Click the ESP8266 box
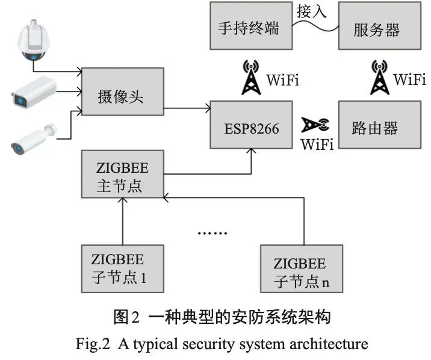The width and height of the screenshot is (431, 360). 251,125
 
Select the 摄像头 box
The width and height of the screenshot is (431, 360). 123,92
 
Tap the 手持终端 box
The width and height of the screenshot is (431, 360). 251,26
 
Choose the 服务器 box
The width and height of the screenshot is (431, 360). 380,26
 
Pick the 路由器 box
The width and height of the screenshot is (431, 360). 380,125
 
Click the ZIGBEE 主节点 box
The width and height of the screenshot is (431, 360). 123,174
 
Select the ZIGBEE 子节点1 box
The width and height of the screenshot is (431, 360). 123,268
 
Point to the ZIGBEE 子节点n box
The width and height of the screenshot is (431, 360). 302,268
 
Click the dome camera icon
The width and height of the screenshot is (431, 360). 34,40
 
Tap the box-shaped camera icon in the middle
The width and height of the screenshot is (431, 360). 34,92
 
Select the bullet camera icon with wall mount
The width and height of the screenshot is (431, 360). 34,139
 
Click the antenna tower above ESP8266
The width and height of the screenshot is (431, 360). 251,77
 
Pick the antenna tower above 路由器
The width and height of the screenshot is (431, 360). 380,77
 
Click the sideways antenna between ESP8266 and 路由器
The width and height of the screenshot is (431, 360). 315,125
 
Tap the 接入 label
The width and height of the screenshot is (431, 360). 311,11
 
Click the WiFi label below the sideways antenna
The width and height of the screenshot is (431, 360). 317,144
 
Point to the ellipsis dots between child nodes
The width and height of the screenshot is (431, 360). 212,233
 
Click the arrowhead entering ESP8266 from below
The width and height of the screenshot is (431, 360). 251,151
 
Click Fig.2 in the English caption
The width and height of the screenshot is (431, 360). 93,344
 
